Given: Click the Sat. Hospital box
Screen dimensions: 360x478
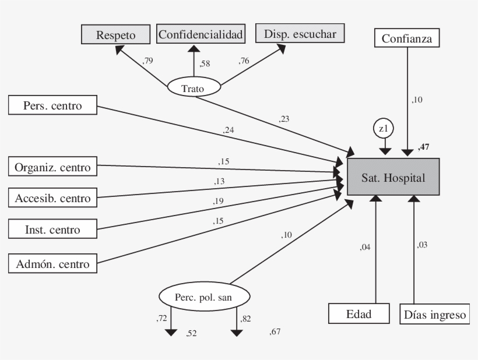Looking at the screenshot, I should (393, 177).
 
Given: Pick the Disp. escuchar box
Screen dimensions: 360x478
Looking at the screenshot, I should (300, 34).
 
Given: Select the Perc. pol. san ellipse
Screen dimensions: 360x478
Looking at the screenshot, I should (204, 297).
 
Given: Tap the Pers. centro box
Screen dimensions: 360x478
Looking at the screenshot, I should (52, 106).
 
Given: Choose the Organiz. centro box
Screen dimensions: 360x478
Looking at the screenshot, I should (52, 168).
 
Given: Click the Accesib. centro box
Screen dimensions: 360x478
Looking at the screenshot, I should (52, 198).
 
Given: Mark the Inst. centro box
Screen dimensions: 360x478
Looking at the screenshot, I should (52, 229).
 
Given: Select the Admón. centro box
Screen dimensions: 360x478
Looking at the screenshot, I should (52, 264).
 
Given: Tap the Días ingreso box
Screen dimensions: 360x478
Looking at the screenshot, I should (435, 315).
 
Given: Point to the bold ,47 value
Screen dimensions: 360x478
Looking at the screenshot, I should (423, 147).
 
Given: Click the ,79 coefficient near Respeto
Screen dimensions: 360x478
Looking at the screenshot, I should (148, 60).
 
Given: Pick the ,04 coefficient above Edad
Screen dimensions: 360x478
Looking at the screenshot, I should (365, 247).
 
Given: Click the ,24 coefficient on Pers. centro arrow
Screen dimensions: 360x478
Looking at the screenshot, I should (228, 130).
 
